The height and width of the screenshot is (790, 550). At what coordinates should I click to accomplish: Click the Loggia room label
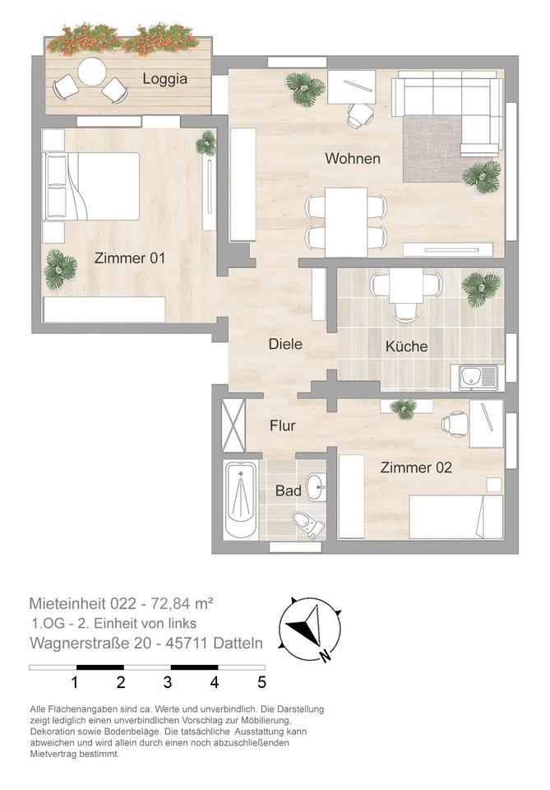pos(164,79)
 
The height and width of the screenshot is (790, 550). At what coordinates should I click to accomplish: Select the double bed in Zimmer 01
pos(91,186)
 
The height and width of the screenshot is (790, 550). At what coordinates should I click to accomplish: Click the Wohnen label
pos(352,158)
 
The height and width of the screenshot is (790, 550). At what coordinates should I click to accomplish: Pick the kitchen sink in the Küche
pos(478,378)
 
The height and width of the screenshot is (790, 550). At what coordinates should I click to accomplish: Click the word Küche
pos(407,346)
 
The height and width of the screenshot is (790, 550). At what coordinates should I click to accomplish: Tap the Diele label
pos(285,344)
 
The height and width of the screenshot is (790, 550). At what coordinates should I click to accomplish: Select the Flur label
pos(282,425)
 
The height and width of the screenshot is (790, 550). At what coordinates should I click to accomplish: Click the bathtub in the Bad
pos(242,500)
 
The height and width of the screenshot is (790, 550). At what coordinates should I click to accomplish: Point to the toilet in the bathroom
pos(307,524)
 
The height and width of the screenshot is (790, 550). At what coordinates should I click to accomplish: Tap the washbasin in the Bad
pos(317,486)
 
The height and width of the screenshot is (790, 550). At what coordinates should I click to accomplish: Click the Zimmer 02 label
pos(416,467)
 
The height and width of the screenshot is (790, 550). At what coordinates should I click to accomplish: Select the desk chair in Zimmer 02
pos(455,424)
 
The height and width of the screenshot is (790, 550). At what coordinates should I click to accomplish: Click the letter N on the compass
pos(325,656)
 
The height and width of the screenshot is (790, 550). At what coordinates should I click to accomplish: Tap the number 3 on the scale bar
pos(168,682)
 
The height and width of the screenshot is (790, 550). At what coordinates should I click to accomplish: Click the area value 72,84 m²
pos(183,603)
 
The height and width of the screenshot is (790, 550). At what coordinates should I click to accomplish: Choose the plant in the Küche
pos(481,289)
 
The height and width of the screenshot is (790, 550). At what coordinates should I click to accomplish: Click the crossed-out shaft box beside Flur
pos(233,425)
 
